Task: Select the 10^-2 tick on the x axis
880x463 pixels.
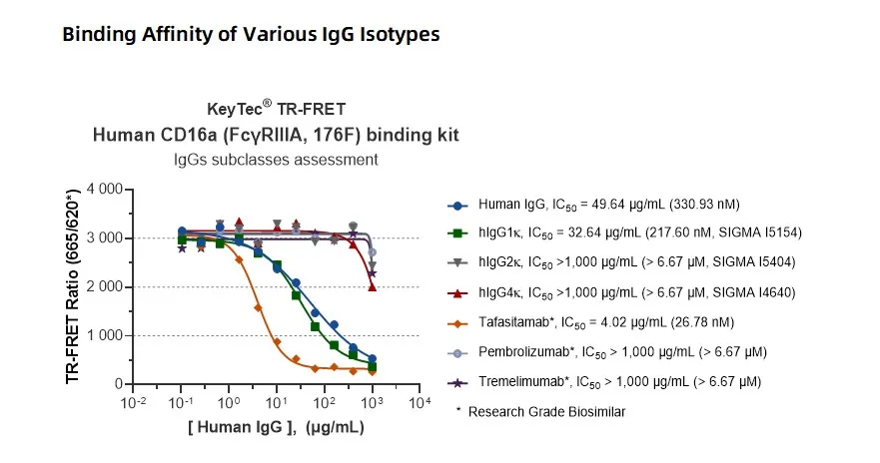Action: [x=133, y=402]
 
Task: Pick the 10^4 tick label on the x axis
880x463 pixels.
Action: [x=420, y=402]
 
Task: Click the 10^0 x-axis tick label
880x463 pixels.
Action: [x=229, y=402]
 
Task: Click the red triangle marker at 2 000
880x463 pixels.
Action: [x=373, y=287]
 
